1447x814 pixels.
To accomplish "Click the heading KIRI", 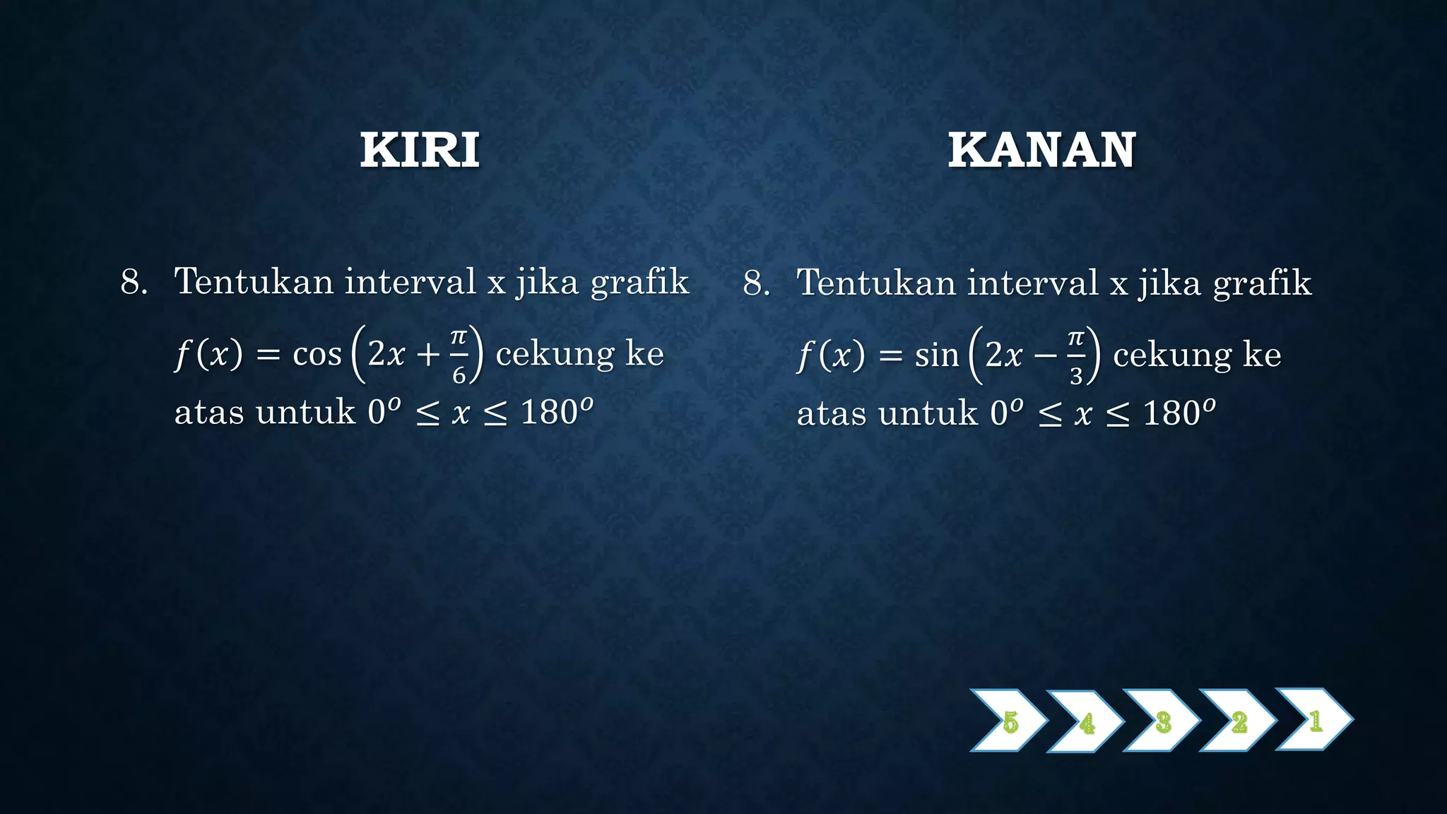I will click(420, 150).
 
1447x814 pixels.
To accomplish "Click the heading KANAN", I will click(1041, 150).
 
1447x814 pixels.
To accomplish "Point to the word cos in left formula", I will click(317, 354).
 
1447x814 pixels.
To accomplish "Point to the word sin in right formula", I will click(937, 355).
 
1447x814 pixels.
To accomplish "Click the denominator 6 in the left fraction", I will click(459, 374).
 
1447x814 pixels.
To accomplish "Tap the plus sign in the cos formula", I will click(428, 355).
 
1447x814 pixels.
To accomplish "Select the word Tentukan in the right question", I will click(873, 283).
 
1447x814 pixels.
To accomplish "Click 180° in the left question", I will click(555, 411).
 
